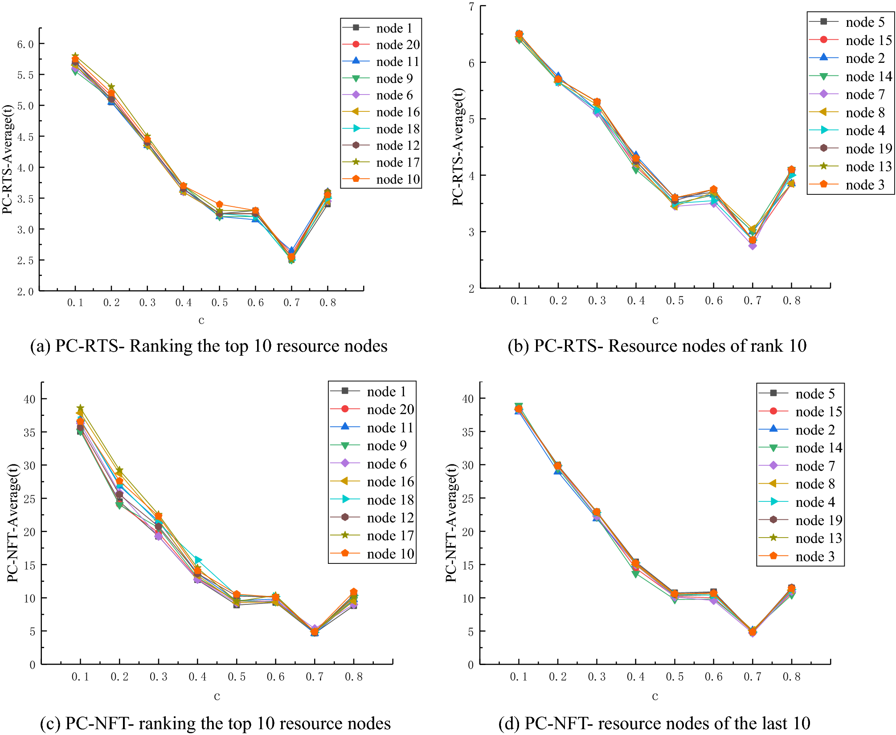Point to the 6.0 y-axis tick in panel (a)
coord(25,44)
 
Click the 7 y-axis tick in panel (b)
coord(471,6)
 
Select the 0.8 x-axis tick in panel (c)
coord(354,677)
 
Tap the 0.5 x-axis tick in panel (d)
coord(675,677)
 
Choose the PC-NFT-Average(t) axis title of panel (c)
coord(12,522)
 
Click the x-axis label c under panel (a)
coord(201,320)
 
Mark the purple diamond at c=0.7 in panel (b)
coord(753,246)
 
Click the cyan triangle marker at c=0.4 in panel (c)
coord(198,560)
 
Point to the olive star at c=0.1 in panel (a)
coord(75,57)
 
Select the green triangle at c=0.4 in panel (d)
coord(636,574)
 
